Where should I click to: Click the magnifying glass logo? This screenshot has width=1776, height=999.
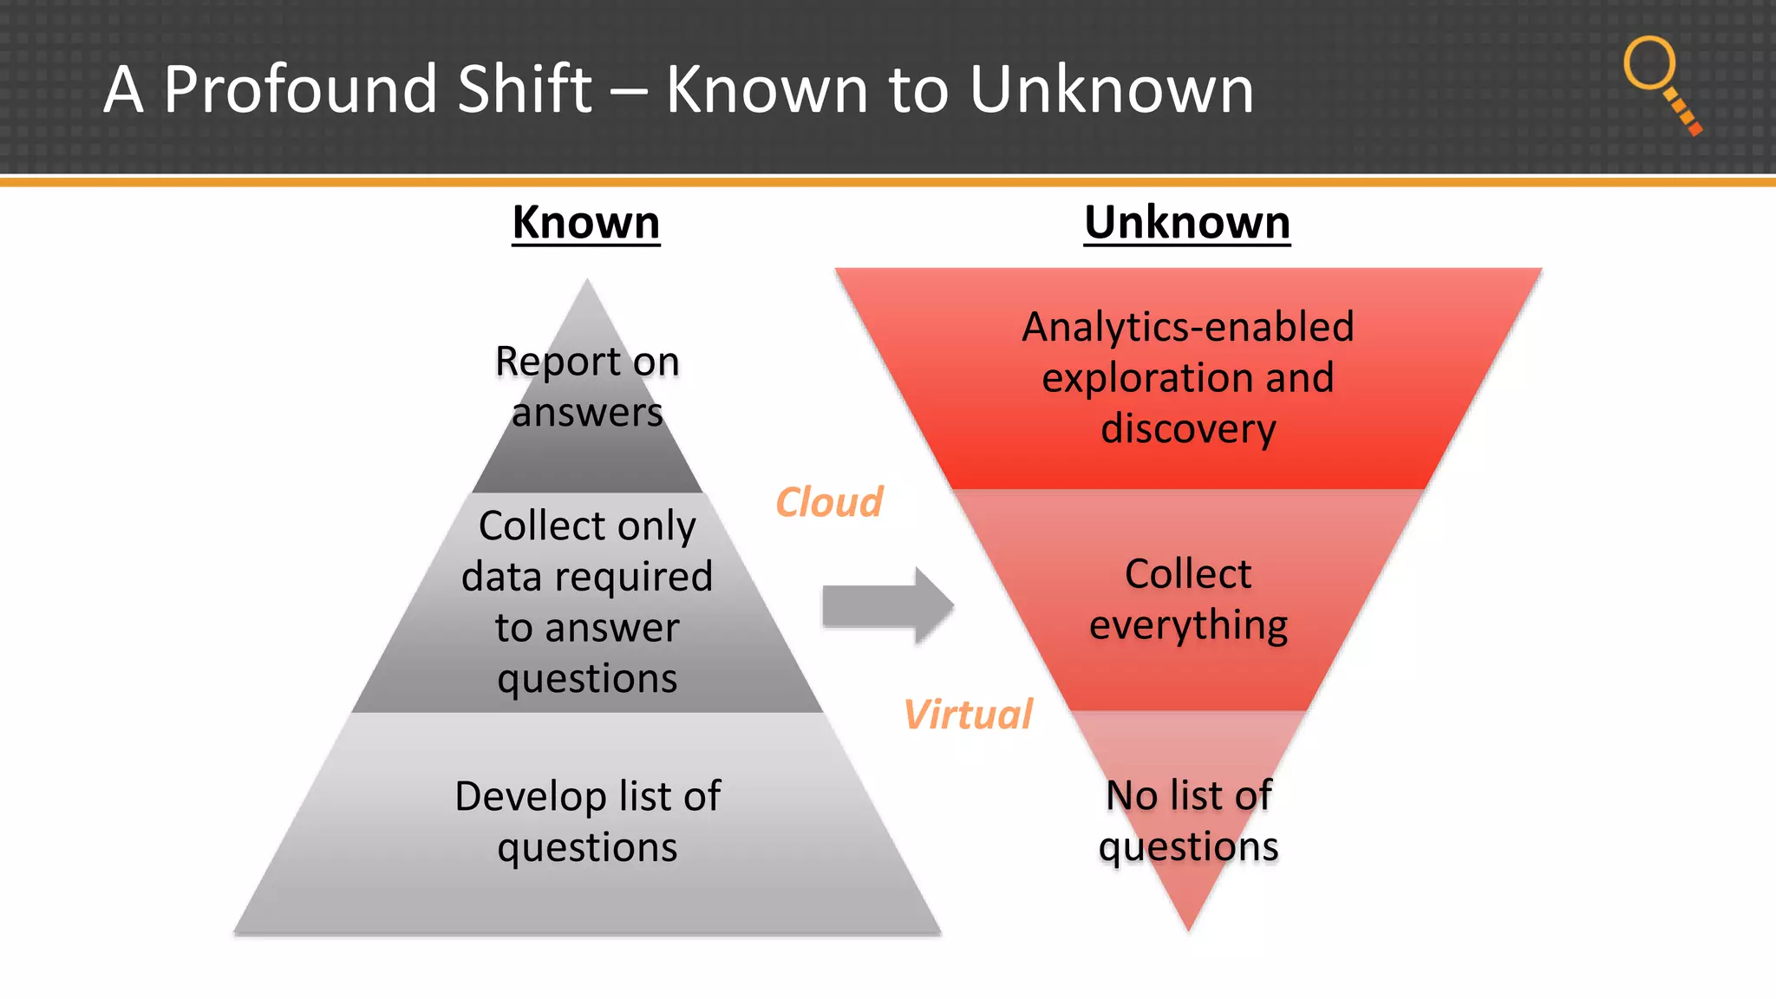pyautogui.click(x=1660, y=83)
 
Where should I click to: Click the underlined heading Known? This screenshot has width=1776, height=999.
pyautogui.click(x=585, y=223)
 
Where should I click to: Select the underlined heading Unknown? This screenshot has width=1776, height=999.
pyautogui.click(x=1186, y=223)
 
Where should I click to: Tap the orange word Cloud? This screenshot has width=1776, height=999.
pyautogui.click(x=828, y=502)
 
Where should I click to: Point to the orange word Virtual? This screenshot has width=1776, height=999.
pyautogui.click(x=967, y=715)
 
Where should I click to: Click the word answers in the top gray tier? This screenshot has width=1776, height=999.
pyautogui.click(x=587, y=413)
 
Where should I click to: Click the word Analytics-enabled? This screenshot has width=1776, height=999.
pyautogui.click(x=1187, y=328)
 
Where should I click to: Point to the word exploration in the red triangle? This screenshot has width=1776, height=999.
pyautogui.click(x=1135, y=378)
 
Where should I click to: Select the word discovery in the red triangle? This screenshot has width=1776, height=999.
pyautogui.click(x=1188, y=429)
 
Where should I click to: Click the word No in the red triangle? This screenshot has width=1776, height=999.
pyautogui.click(x=1132, y=795)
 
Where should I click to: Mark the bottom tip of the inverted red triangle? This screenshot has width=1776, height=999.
pyautogui.click(x=1188, y=928)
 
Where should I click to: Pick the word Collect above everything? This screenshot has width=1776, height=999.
pyautogui.click(x=1187, y=574)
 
